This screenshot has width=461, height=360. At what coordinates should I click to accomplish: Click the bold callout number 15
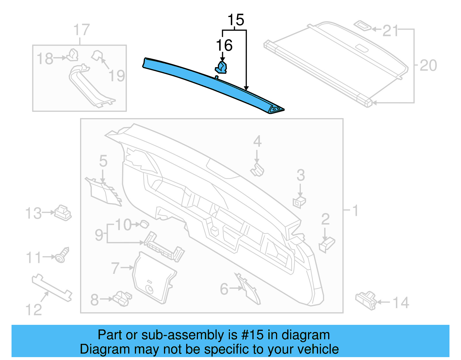pos(236,20)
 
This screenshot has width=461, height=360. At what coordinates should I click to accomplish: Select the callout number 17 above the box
pos(81,30)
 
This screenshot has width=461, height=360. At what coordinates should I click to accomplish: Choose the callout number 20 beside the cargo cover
pos(428,65)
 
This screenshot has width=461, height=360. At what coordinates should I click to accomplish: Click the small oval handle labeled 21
pos(363,25)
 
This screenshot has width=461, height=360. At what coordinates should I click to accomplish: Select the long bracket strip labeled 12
pos(52,287)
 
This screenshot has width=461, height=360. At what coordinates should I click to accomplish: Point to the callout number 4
pos(257,142)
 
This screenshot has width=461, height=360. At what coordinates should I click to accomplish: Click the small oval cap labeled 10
pos(144,224)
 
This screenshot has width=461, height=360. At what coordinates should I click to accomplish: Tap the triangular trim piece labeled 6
pos(250,290)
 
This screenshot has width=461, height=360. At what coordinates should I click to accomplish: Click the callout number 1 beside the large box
pos(356,210)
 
